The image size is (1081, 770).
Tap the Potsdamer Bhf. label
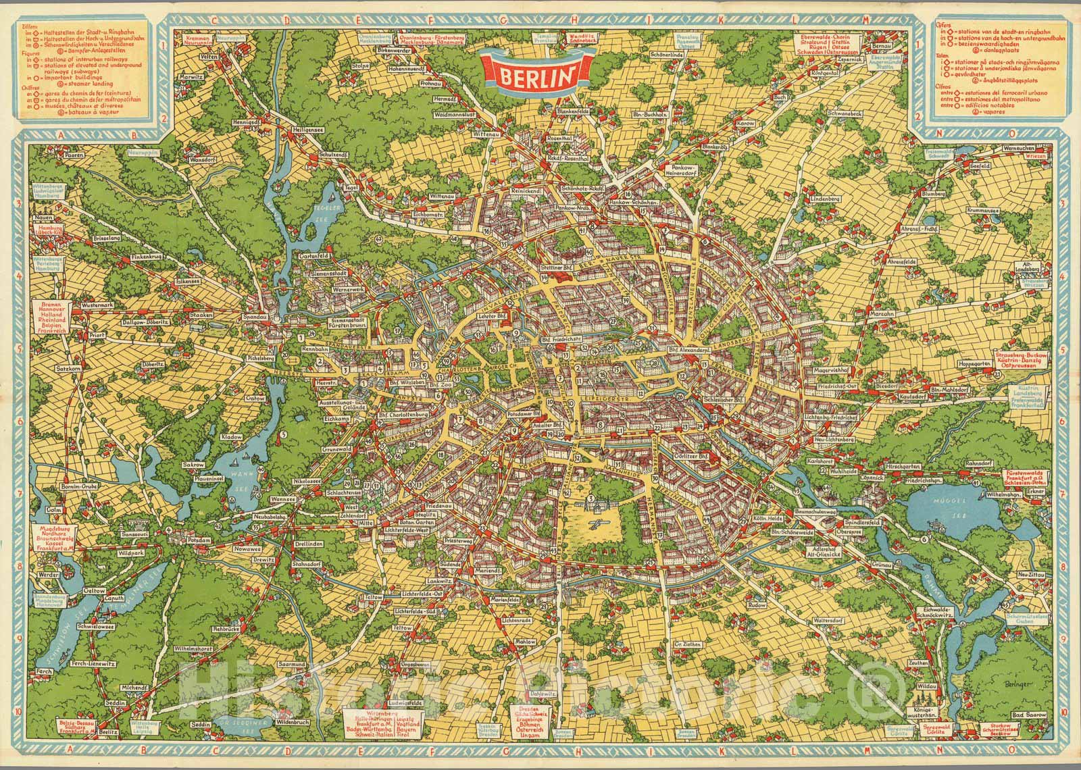[558, 413]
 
